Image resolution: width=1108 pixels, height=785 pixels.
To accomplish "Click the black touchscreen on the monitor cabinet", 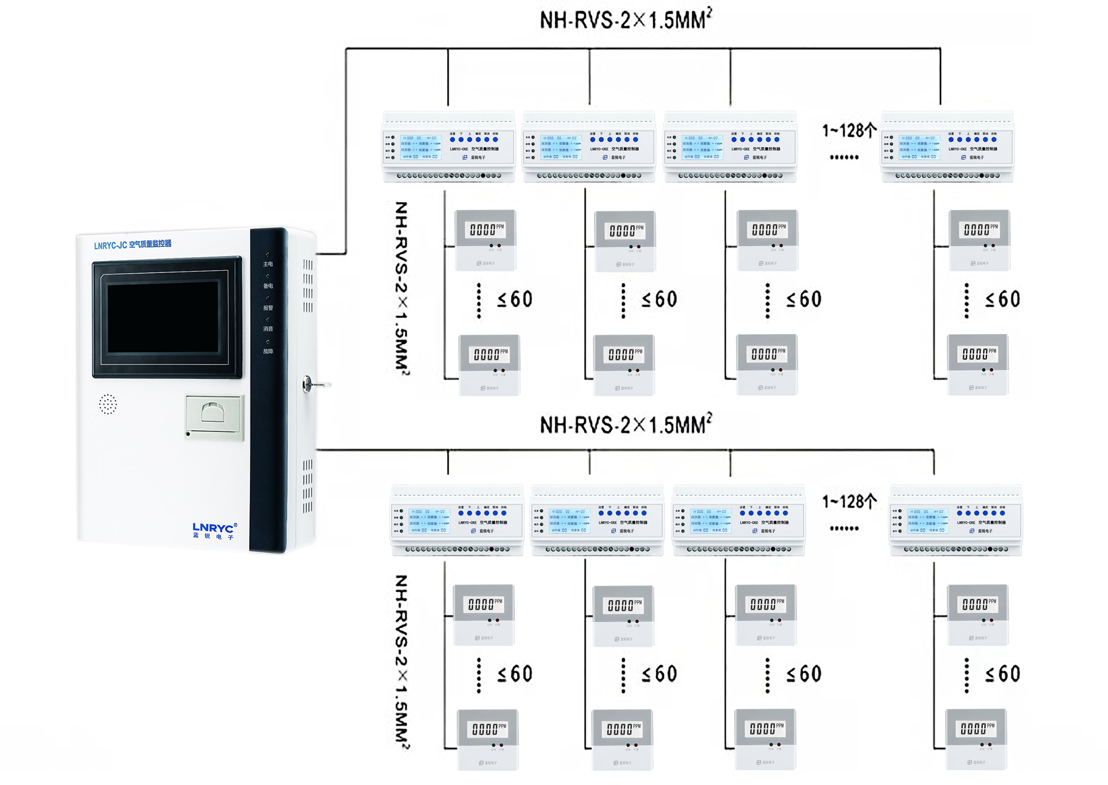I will click(163, 317).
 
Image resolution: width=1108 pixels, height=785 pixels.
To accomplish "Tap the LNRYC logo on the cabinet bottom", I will click(214, 530).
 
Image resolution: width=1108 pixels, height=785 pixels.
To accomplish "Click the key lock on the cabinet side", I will click(308, 384).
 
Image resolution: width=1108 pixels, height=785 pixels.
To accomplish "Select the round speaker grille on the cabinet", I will click(107, 404).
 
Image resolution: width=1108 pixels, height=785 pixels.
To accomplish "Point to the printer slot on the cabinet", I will click(214, 417).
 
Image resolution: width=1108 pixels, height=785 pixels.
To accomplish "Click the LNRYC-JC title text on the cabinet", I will click(132, 245).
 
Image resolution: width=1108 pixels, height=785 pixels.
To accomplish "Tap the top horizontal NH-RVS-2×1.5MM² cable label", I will click(625, 20).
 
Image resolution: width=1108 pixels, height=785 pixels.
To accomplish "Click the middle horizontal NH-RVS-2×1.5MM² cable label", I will click(625, 425).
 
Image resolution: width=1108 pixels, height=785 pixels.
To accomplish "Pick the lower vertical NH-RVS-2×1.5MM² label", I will click(401, 661).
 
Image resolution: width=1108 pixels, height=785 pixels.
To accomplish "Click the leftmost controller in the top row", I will click(448, 147).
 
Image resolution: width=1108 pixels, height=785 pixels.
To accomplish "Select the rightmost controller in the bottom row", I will click(955, 521).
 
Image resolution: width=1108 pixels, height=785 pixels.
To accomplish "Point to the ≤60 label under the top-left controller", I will click(514, 300).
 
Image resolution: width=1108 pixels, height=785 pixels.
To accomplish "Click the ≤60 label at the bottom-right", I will click(1002, 674).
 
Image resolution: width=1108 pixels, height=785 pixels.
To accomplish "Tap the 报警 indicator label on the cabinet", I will click(268, 308).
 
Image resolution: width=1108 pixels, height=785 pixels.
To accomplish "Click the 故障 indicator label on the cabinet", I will click(268, 352).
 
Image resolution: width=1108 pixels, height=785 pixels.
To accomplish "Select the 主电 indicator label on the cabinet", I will click(268, 264).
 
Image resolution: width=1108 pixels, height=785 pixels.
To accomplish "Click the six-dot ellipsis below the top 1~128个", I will click(844, 158).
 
